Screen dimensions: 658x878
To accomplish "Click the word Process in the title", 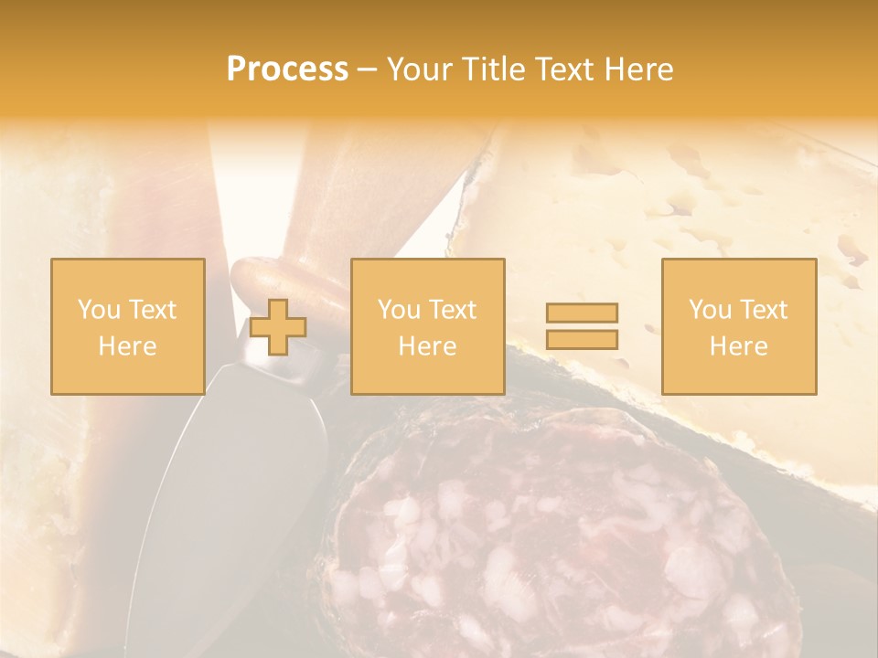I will (287, 69).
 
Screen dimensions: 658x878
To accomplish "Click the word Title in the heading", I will (495, 69).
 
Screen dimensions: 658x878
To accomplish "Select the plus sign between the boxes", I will (278, 327).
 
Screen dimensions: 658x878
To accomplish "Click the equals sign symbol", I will (582, 326).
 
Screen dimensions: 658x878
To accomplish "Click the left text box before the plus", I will (127, 326).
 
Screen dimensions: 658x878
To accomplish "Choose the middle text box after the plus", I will (427, 326).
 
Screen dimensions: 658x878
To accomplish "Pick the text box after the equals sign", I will (738, 326).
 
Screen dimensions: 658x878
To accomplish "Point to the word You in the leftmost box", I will (99, 310).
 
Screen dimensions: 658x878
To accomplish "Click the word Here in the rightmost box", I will (738, 346).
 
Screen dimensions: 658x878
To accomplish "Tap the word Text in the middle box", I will (452, 310).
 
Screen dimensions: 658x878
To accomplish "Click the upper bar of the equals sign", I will (582, 313).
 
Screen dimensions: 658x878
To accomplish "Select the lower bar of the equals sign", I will (582, 340).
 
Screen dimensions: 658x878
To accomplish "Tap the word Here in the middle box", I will (427, 346).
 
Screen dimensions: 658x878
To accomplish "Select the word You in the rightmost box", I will (711, 310).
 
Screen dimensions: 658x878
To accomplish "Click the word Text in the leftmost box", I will (152, 310).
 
